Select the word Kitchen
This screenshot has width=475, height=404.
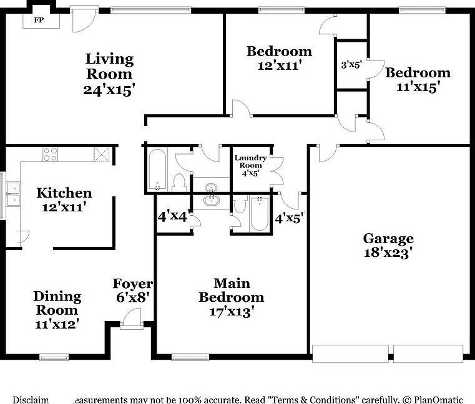coord(64,193)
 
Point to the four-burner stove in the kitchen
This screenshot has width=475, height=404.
coord(51,154)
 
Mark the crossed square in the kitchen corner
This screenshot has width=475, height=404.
coord(102,155)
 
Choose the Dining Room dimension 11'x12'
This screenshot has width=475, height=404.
coord(57,325)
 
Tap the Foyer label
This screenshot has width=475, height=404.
coord(132,284)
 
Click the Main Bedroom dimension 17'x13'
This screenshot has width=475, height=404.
coord(231,312)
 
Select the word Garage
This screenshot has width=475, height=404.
coord(388,239)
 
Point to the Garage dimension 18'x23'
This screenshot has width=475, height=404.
coord(388,253)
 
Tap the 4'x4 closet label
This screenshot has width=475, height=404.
coord(172,218)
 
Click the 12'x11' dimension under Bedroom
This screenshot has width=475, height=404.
coord(278,65)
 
